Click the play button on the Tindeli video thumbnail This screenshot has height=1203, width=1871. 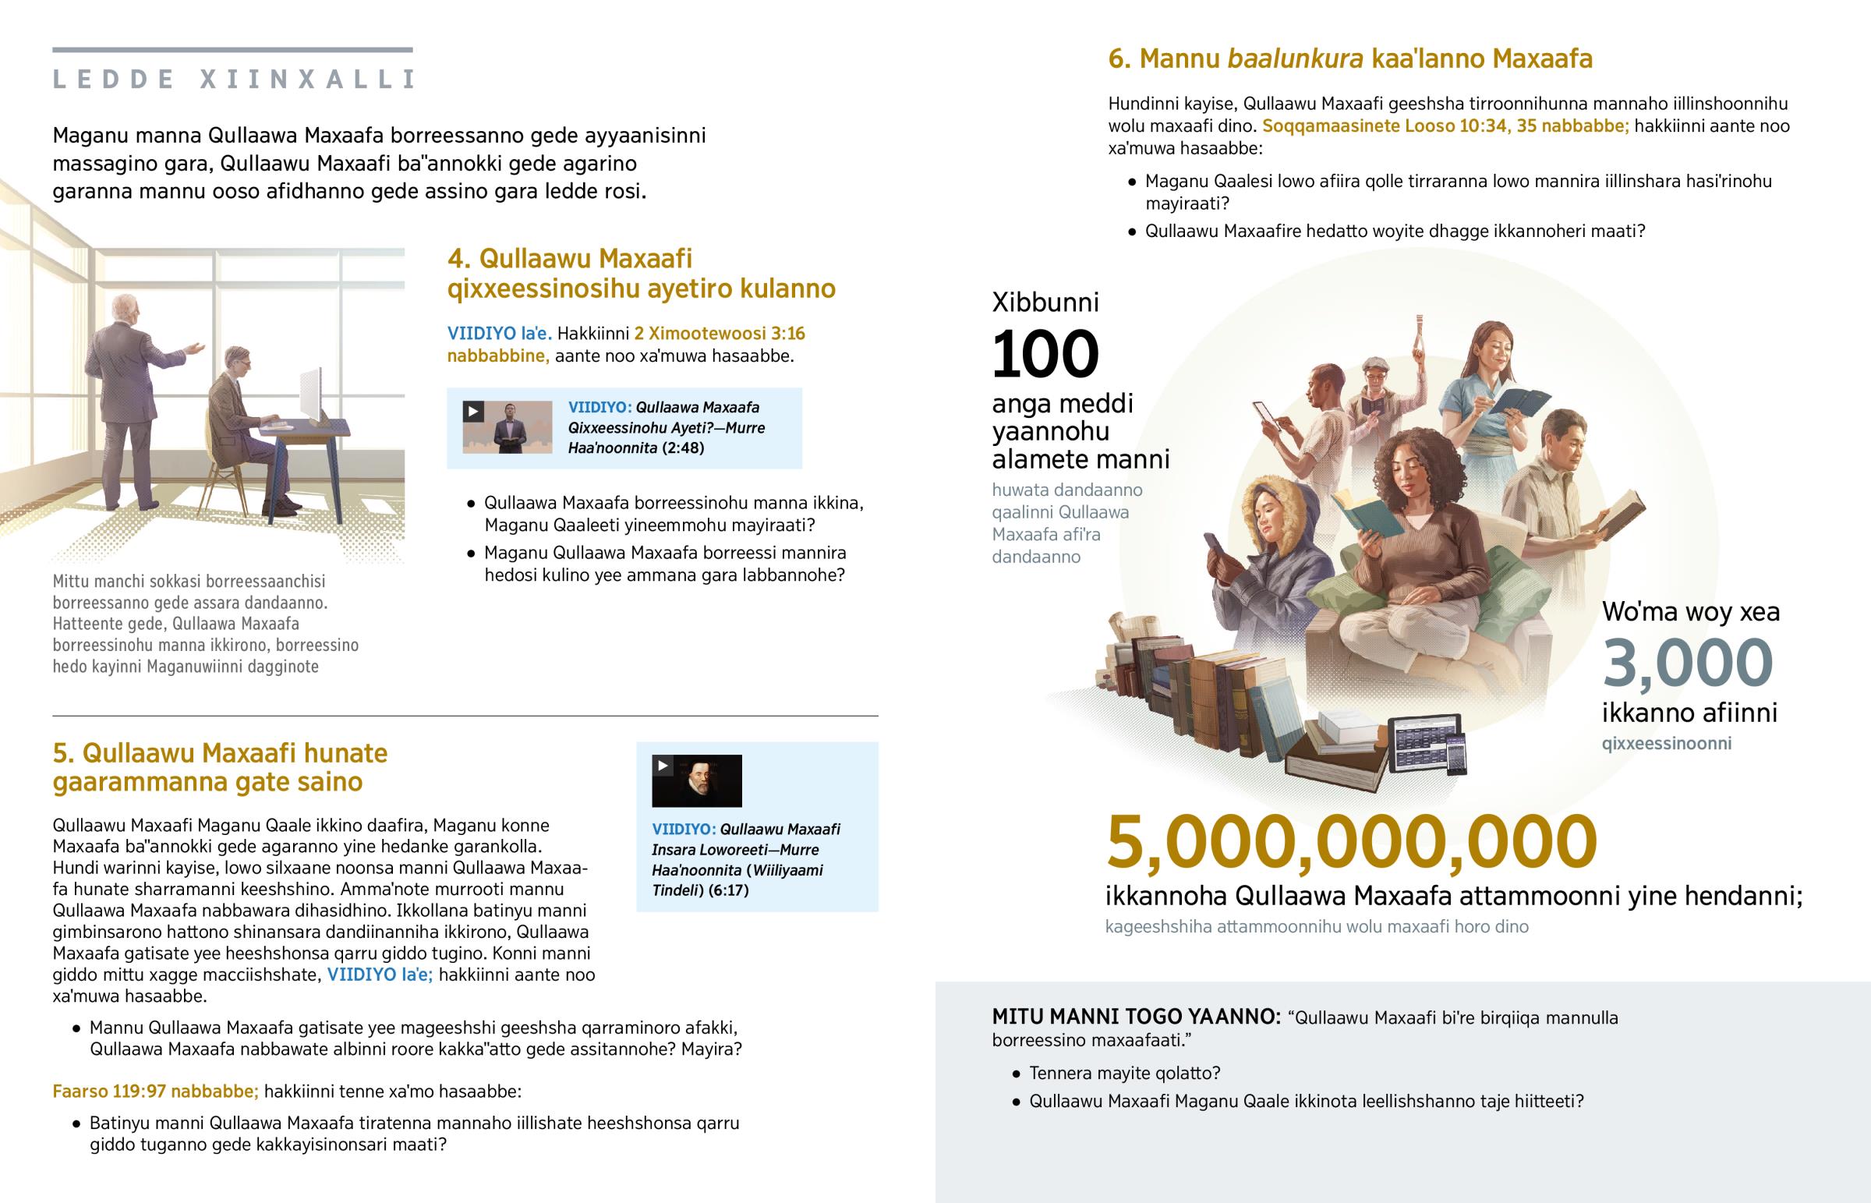click(x=663, y=766)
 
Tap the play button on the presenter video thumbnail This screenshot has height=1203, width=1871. click(x=473, y=411)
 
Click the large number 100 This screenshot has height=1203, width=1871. click(x=1045, y=354)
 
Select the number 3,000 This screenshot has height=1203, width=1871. click(x=1687, y=663)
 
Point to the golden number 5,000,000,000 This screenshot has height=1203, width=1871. click(x=1351, y=842)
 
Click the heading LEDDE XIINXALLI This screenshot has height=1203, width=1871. click(x=232, y=79)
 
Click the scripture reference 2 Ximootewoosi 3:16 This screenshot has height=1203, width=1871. click(x=720, y=334)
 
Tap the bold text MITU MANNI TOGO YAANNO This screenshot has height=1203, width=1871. click(x=1135, y=1017)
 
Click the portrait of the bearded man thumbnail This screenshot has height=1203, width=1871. click(x=696, y=781)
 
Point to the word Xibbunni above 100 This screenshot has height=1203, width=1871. click(x=1045, y=303)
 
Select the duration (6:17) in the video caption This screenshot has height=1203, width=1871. click(x=728, y=890)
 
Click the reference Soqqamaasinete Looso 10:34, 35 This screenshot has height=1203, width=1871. click(x=1445, y=126)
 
